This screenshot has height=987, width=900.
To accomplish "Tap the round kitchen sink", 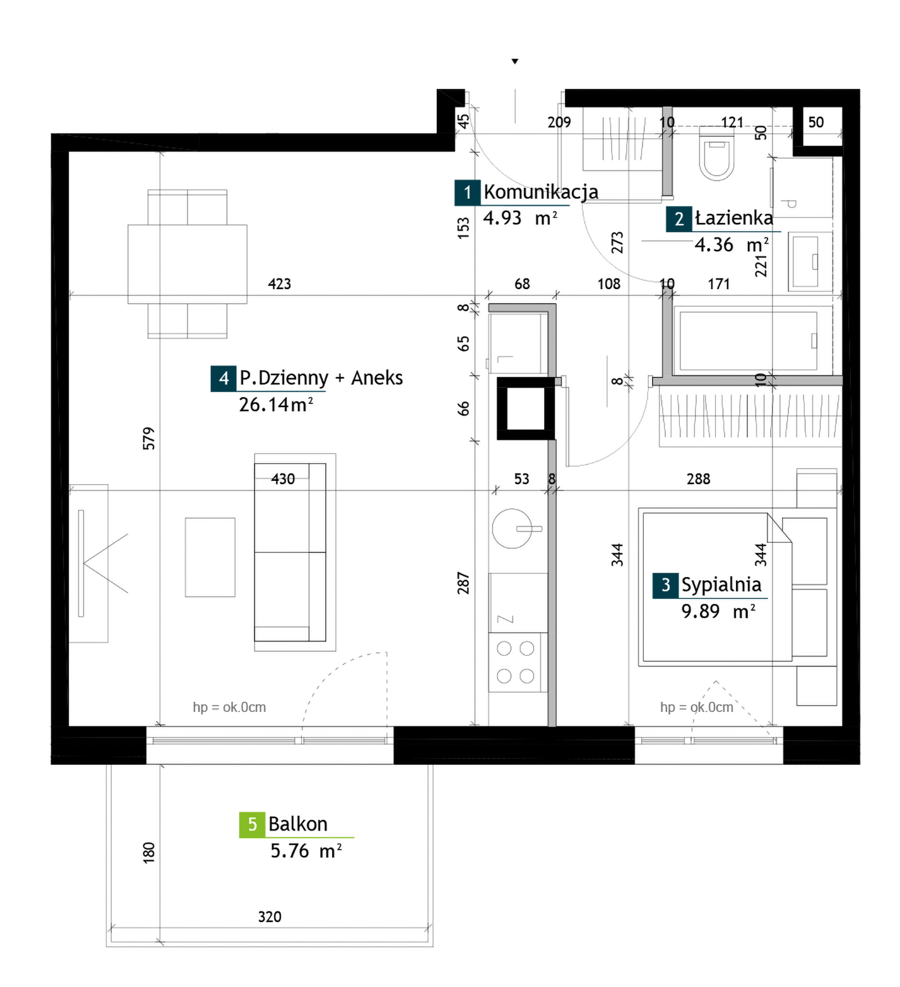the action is coord(512,528).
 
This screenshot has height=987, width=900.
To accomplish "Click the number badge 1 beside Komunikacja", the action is coord(468,192).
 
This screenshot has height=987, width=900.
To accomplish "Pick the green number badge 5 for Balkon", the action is coord(252,825).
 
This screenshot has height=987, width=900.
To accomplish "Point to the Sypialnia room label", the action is coord(721,585).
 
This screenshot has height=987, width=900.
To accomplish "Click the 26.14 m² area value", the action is coord(276,404).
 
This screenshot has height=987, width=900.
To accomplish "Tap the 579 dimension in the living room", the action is coord(149,438).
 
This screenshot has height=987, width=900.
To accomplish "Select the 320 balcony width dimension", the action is coord(270,916).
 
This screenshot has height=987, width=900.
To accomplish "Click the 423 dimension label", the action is coord(279,284).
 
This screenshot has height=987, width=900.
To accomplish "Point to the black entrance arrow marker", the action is coord(514,62).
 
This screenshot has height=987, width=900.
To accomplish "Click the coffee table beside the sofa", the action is coord(210,557).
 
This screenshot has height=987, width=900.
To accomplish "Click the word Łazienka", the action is coord(734,218).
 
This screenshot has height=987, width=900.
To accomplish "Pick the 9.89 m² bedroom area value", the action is coord(718,612).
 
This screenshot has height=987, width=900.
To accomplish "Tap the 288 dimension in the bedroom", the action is coord(698,479).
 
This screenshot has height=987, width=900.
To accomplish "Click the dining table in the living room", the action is coord(187,264).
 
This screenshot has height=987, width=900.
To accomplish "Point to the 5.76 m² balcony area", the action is coord(306,851).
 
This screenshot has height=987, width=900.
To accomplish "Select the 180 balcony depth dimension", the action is coord(149,853).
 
